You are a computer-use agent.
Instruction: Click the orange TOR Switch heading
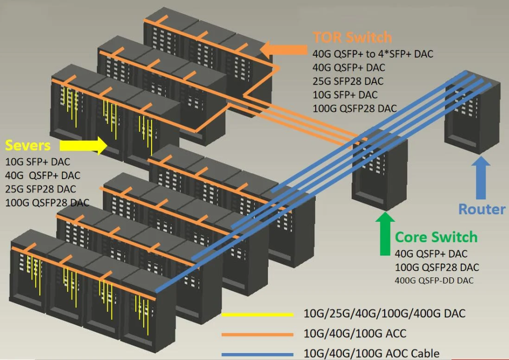(352, 37)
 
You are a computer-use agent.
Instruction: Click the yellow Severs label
(28, 145)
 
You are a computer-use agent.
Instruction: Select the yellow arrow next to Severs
(83, 146)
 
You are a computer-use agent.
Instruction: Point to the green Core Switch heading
(436, 237)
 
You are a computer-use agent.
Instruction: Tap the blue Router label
(482, 209)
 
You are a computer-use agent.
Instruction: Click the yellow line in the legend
(257, 314)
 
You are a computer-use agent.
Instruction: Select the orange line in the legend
(257, 334)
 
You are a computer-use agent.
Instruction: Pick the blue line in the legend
(257, 354)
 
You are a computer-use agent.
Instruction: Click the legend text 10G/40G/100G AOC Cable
(371, 354)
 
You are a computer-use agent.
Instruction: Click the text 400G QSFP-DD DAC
(434, 280)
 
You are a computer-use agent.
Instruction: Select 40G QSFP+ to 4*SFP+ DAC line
(373, 54)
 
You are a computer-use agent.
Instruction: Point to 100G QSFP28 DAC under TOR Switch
(354, 108)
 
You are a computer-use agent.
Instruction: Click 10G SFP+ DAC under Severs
(38, 162)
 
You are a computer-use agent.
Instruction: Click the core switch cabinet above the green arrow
(379, 167)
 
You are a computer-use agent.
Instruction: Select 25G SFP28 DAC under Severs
(41, 189)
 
